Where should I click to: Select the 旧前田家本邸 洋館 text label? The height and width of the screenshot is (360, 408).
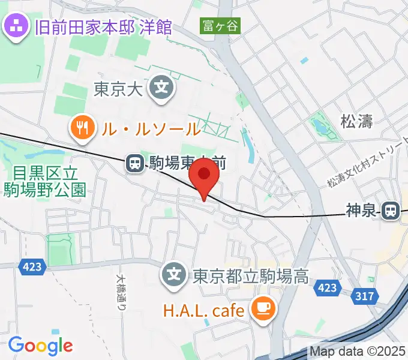[103, 27]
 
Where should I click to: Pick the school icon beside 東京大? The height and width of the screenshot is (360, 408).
[161, 88]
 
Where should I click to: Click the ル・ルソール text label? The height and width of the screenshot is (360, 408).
[149, 128]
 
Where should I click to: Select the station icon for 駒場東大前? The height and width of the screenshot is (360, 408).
[134, 162]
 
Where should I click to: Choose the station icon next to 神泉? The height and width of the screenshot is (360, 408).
[391, 211]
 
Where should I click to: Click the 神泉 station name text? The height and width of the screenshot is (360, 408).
[361, 211]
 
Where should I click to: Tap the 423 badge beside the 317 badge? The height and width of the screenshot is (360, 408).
[328, 288]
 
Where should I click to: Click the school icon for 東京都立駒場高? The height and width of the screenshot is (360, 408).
[175, 276]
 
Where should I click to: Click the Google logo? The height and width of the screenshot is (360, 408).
[40, 345]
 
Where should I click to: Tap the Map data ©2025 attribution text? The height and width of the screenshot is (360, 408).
[358, 352]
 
